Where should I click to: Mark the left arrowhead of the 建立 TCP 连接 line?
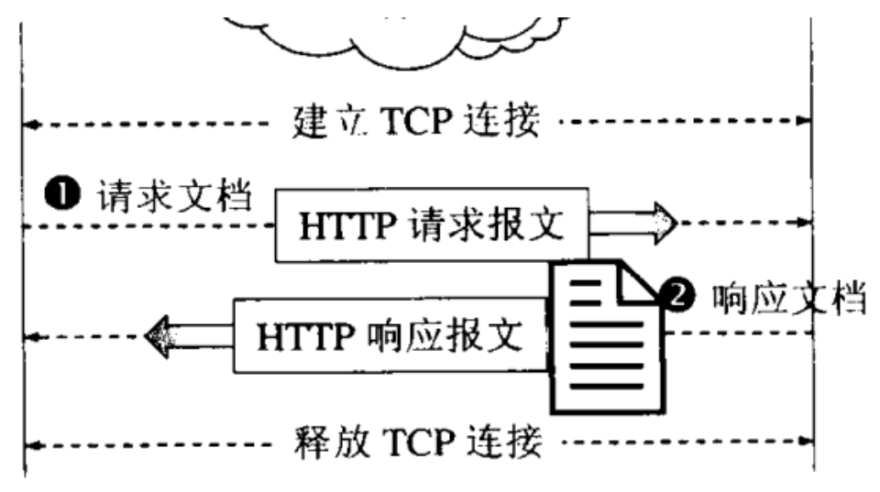pos(29,122)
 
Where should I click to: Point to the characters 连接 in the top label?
pos(503,121)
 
